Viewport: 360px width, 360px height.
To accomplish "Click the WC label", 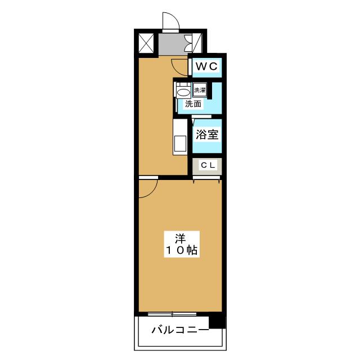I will (205, 67).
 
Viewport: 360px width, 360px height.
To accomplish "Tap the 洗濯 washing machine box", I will (200, 90).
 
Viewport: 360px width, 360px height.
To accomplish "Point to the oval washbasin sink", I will (183, 92).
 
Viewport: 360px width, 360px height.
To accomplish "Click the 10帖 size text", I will (181, 251).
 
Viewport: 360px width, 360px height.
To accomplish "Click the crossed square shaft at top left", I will (146, 43).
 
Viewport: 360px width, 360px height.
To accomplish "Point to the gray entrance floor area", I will (171, 44).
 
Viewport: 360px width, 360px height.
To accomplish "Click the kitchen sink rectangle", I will (180, 144).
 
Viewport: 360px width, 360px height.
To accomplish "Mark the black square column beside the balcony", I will (217, 322).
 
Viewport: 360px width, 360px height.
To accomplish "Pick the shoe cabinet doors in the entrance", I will (196, 43).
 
